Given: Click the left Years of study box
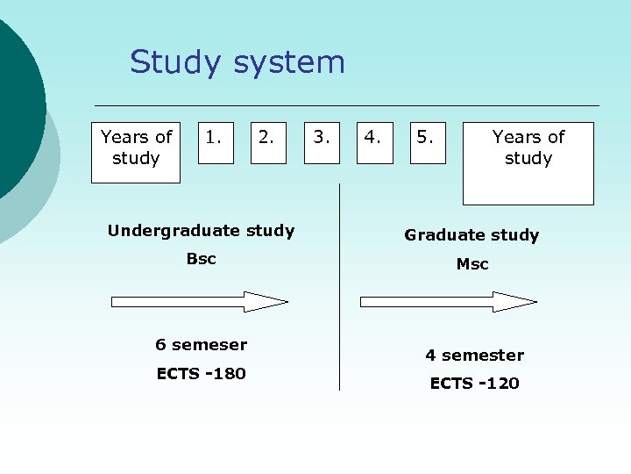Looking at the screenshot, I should coord(136,152).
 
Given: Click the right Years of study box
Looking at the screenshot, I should coord(528,162).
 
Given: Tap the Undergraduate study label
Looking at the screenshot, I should coord(201,231).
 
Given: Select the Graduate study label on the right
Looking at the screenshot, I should coord(471,235).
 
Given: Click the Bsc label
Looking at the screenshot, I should coord(201,259).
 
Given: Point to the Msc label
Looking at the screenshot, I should coord(472,264).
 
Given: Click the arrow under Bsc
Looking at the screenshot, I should coord(200,302).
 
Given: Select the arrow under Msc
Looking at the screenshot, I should coord(449,302).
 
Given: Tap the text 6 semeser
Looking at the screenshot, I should coord(201,345).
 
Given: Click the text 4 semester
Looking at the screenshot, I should coord(474,355).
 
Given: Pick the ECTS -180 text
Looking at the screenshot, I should coord(201,374).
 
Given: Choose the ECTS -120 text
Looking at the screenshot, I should coord(474,384).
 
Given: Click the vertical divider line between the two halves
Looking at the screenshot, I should coord(339,290).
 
